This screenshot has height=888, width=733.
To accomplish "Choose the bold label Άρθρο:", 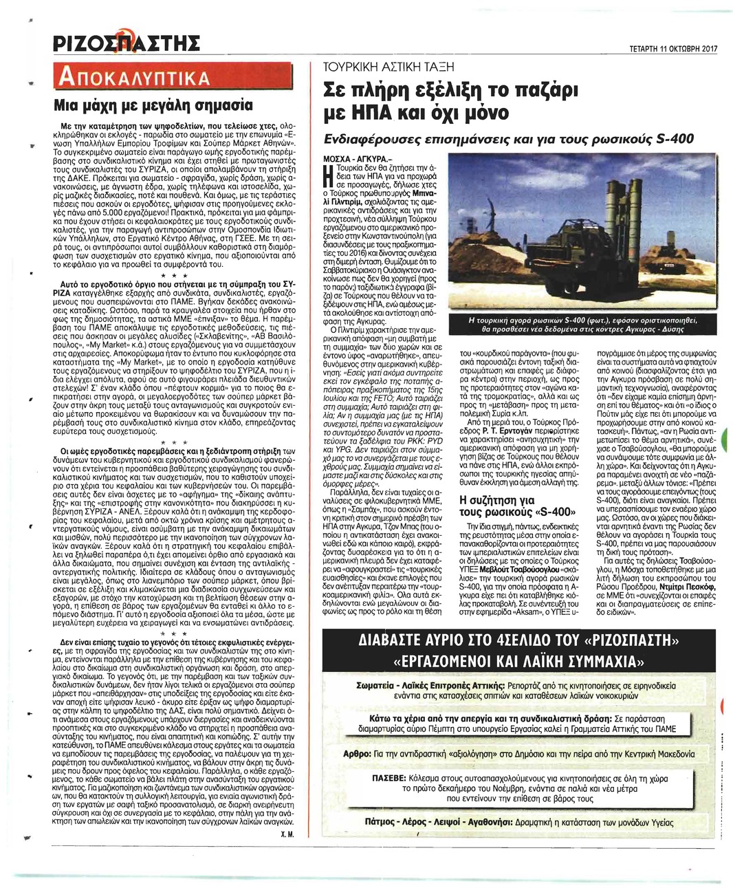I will pyautogui.click(x=353, y=754).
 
